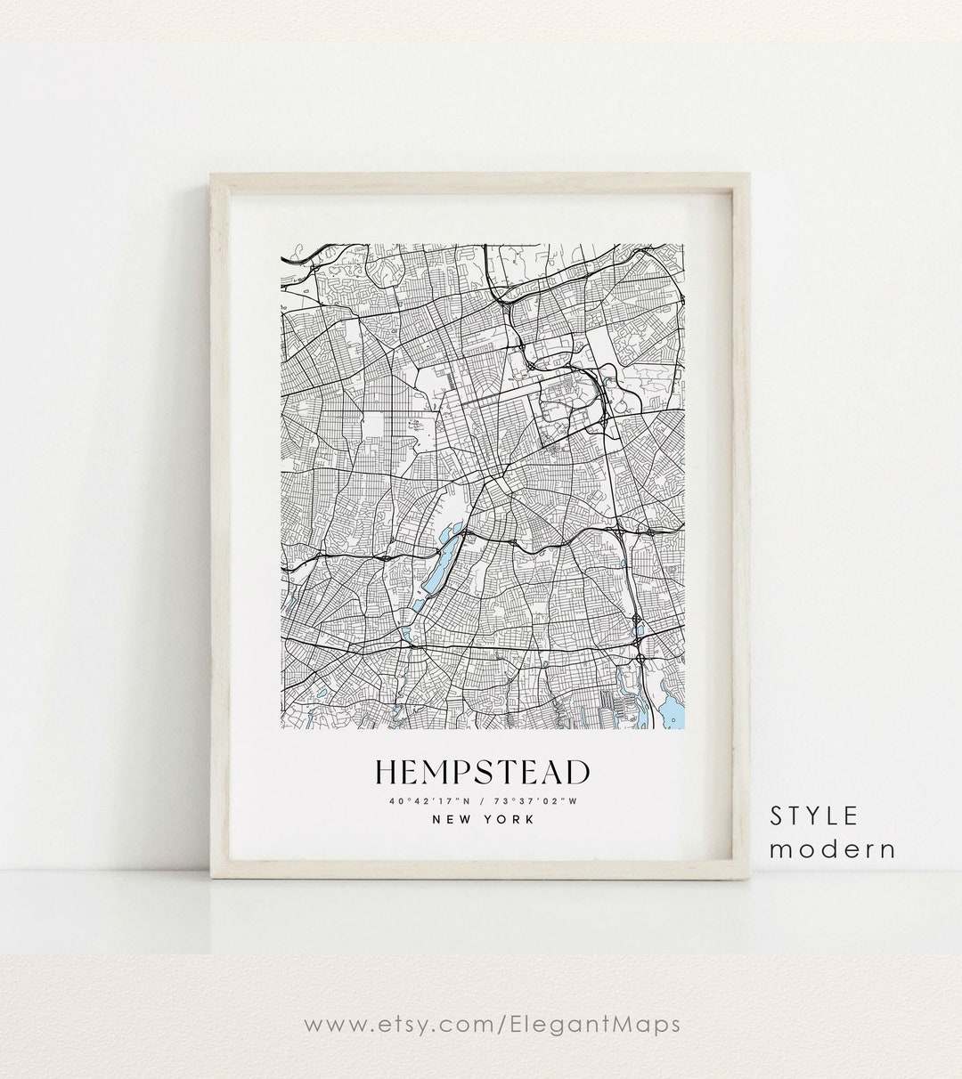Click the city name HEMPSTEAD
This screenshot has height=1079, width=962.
[482, 772]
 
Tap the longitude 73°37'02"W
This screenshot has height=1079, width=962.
[538, 800]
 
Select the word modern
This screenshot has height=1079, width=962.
[833, 848]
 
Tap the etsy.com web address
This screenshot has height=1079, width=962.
[492, 1025]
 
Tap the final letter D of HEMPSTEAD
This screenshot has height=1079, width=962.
[577, 772]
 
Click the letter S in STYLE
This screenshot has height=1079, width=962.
[777, 815]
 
